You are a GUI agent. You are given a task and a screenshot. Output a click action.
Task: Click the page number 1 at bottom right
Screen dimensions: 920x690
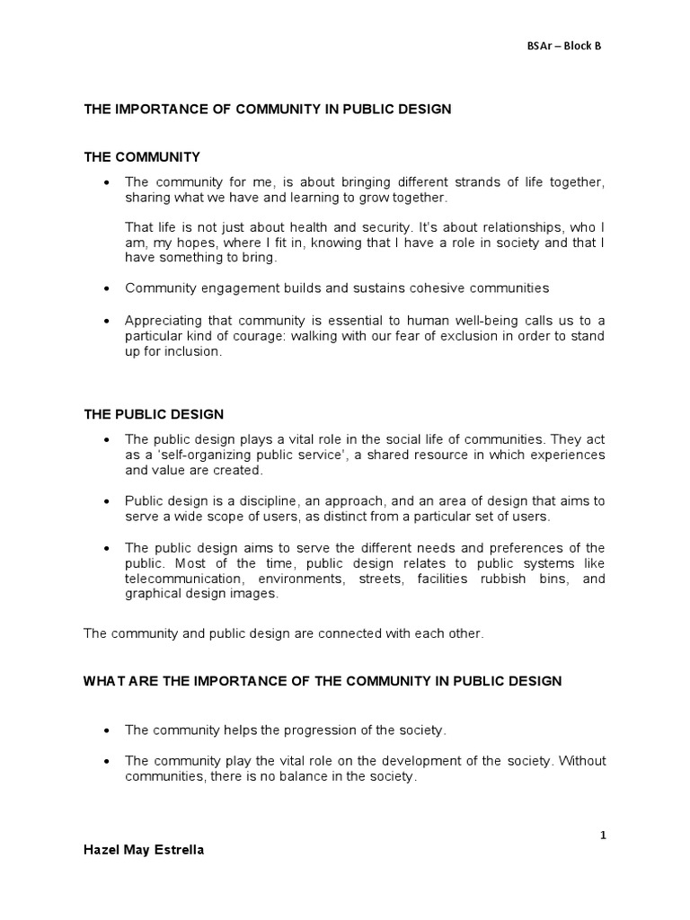coord(604,835)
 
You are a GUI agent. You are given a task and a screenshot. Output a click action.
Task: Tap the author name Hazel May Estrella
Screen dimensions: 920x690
coord(144,850)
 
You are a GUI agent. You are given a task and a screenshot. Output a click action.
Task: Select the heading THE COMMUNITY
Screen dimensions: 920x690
coord(141,156)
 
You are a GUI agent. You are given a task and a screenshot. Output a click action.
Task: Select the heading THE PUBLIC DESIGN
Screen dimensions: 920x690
coord(154,414)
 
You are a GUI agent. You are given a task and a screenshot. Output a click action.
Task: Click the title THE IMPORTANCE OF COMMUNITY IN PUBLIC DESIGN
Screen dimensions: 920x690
coord(267,109)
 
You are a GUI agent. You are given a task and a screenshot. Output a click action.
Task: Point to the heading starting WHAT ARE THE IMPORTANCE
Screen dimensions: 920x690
coord(323,681)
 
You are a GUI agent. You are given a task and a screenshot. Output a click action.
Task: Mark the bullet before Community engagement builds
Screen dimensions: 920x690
coord(107,288)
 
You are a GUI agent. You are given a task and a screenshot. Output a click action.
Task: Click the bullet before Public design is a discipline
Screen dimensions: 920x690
coord(107,501)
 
